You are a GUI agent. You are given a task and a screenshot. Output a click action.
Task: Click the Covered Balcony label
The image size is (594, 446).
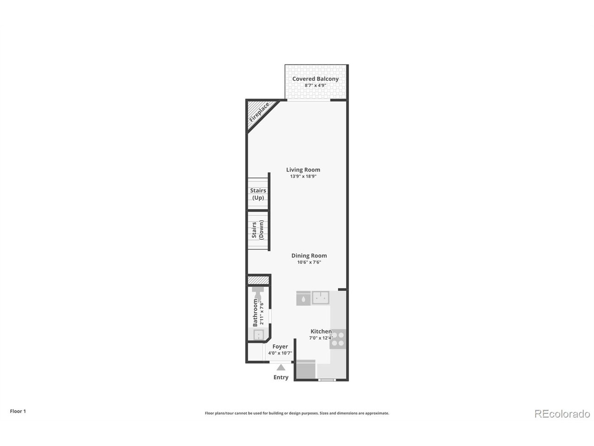tap(315, 79)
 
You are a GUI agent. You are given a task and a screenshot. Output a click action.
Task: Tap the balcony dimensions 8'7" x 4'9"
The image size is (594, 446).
tap(315, 85)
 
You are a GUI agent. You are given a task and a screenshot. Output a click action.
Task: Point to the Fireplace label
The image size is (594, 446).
tap(259, 112)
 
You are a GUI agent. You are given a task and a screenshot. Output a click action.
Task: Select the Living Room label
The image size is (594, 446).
tap(303, 170)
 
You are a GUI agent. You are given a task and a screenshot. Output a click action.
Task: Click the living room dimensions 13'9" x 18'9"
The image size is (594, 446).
tap(303, 176)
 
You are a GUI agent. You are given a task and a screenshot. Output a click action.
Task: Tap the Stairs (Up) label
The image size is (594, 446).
tap(258, 194)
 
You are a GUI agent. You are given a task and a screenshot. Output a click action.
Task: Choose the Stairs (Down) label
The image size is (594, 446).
tap(258, 230)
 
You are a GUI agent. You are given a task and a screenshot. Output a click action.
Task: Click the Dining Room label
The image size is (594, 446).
tap(309, 256)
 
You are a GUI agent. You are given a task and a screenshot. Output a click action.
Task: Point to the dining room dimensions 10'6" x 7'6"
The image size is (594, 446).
tap(309, 262)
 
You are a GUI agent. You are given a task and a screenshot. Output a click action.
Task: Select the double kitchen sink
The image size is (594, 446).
tap(321, 298)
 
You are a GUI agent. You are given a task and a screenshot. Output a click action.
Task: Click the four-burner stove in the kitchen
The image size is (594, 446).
tap(338, 339)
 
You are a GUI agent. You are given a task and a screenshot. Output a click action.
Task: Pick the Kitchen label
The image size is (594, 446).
tap(321, 331)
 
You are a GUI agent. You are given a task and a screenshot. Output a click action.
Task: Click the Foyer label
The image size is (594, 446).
tap(280, 347)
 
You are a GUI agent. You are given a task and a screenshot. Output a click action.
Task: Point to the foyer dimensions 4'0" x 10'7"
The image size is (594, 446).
tap(280, 353)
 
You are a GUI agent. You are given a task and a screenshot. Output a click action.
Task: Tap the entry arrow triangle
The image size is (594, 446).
tap(281, 367)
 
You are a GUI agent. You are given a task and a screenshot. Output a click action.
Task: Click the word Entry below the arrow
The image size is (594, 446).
tap(281, 377)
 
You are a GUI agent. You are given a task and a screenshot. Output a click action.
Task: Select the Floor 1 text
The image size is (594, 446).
tap(18, 411)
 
